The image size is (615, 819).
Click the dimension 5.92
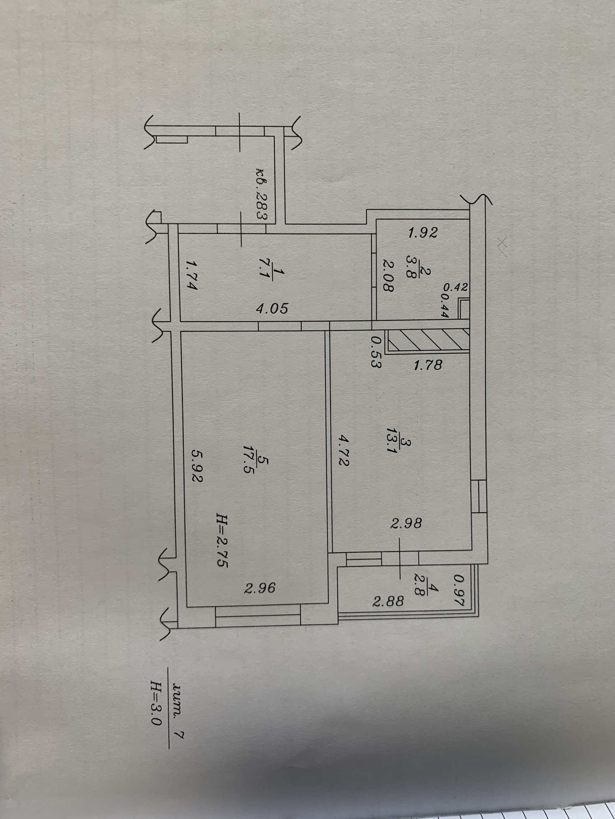tap(197, 465)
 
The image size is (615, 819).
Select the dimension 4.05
tap(272, 308)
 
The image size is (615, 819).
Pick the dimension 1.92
tap(423, 232)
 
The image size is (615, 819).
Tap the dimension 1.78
tap(428, 365)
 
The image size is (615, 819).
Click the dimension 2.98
tap(406, 523)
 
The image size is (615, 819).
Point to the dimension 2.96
tap(260, 588)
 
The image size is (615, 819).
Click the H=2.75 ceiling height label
tap(222, 540)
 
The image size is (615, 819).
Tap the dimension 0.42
tap(455, 287)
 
